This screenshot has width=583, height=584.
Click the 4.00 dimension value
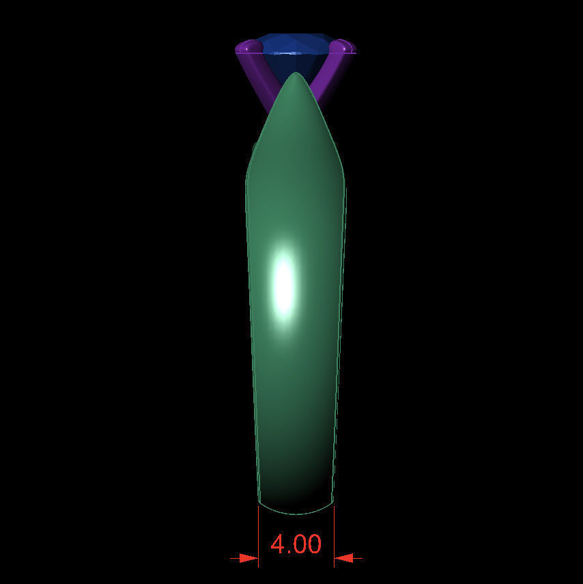[x=296, y=544]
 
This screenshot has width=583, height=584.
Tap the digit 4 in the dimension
[x=278, y=544]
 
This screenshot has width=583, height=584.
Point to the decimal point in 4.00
[x=291, y=552]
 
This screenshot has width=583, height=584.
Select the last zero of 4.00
[x=313, y=544]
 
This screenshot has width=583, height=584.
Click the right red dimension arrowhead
[x=343, y=558]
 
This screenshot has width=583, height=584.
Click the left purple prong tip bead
[x=247, y=47]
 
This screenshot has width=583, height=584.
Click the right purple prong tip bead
[x=343, y=47]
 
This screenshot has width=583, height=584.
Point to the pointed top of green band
[x=295, y=75]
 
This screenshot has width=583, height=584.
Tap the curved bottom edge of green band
[x=296, y=512]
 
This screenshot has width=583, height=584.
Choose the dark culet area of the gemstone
[x=287, y=65]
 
